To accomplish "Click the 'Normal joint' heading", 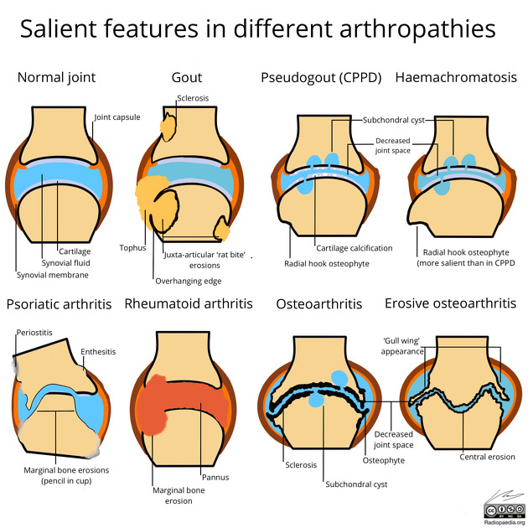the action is [57, 78].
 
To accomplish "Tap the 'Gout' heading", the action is [187, 78].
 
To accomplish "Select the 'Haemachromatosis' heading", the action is [456, 77].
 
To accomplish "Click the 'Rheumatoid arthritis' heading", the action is [189, 303].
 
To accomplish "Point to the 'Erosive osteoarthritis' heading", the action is [451, 303].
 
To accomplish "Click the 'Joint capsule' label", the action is [117, 117].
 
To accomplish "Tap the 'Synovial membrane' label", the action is [53, 275].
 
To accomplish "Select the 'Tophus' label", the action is [132, 248].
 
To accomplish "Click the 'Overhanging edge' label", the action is [189, 281].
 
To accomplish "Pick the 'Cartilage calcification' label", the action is [355, 248].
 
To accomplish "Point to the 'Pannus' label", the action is [215, 477].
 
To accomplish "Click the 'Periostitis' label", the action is [34, 333].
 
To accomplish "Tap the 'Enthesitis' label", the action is [98, 352].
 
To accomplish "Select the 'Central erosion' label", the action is [487, 457].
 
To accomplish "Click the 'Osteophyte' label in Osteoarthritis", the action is [384, 461].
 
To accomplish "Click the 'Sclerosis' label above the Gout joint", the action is [193, 98].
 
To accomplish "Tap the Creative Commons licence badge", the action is [505, 511].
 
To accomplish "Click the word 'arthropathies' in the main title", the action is [417, 29].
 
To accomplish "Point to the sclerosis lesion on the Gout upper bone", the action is [168, 127].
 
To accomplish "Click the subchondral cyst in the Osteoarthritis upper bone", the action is [339, 379].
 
